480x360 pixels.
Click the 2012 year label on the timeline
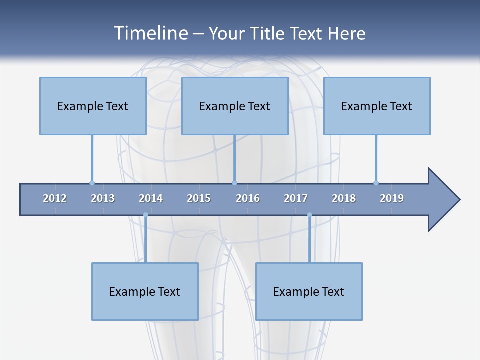point(55,198)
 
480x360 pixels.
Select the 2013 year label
point(103,198)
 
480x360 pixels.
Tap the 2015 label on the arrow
point(199,198)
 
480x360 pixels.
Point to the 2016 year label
point(248,198)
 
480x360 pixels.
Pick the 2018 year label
point(344,198)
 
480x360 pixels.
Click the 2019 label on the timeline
point(392,198)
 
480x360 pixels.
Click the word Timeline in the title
point(150,33)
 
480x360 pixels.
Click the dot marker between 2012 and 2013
point(92,183)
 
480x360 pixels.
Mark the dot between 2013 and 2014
point(145,215)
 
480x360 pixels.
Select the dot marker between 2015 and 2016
point(234,183)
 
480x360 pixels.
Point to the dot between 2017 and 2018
point(309,215)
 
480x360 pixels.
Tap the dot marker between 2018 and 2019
point(376,183)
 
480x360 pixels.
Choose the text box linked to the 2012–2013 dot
point(93,106)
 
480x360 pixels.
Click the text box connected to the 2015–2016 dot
point(235,106)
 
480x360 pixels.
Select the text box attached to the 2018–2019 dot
point(377,106)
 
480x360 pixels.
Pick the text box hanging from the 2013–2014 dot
point(145,291)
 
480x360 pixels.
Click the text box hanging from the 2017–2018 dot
point(309,291)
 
